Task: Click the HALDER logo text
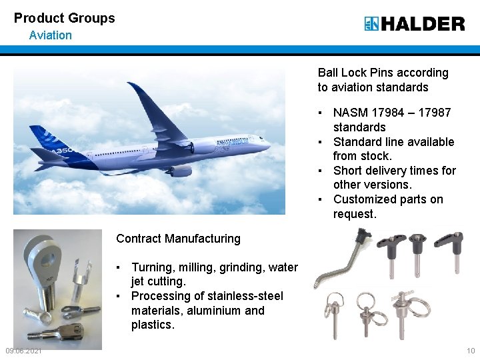(x=423, y=24)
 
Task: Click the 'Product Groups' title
(x=64, y=18)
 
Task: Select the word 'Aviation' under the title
(x=50, y=35)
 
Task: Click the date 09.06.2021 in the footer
(x=23, y=351)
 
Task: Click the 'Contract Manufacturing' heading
(x=178, y=239)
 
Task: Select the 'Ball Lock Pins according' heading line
(x=383, y=73)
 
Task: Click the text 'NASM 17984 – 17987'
(x=392, y=113)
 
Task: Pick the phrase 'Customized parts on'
(x=388, y=199)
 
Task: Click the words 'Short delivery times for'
(x=395, y=171)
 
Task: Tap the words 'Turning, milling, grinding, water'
(x=215, y=267)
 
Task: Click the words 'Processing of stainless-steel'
(x=207, y=296)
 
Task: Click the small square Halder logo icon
(x=371, y=24)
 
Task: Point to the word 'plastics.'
(x=153, y=325)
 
